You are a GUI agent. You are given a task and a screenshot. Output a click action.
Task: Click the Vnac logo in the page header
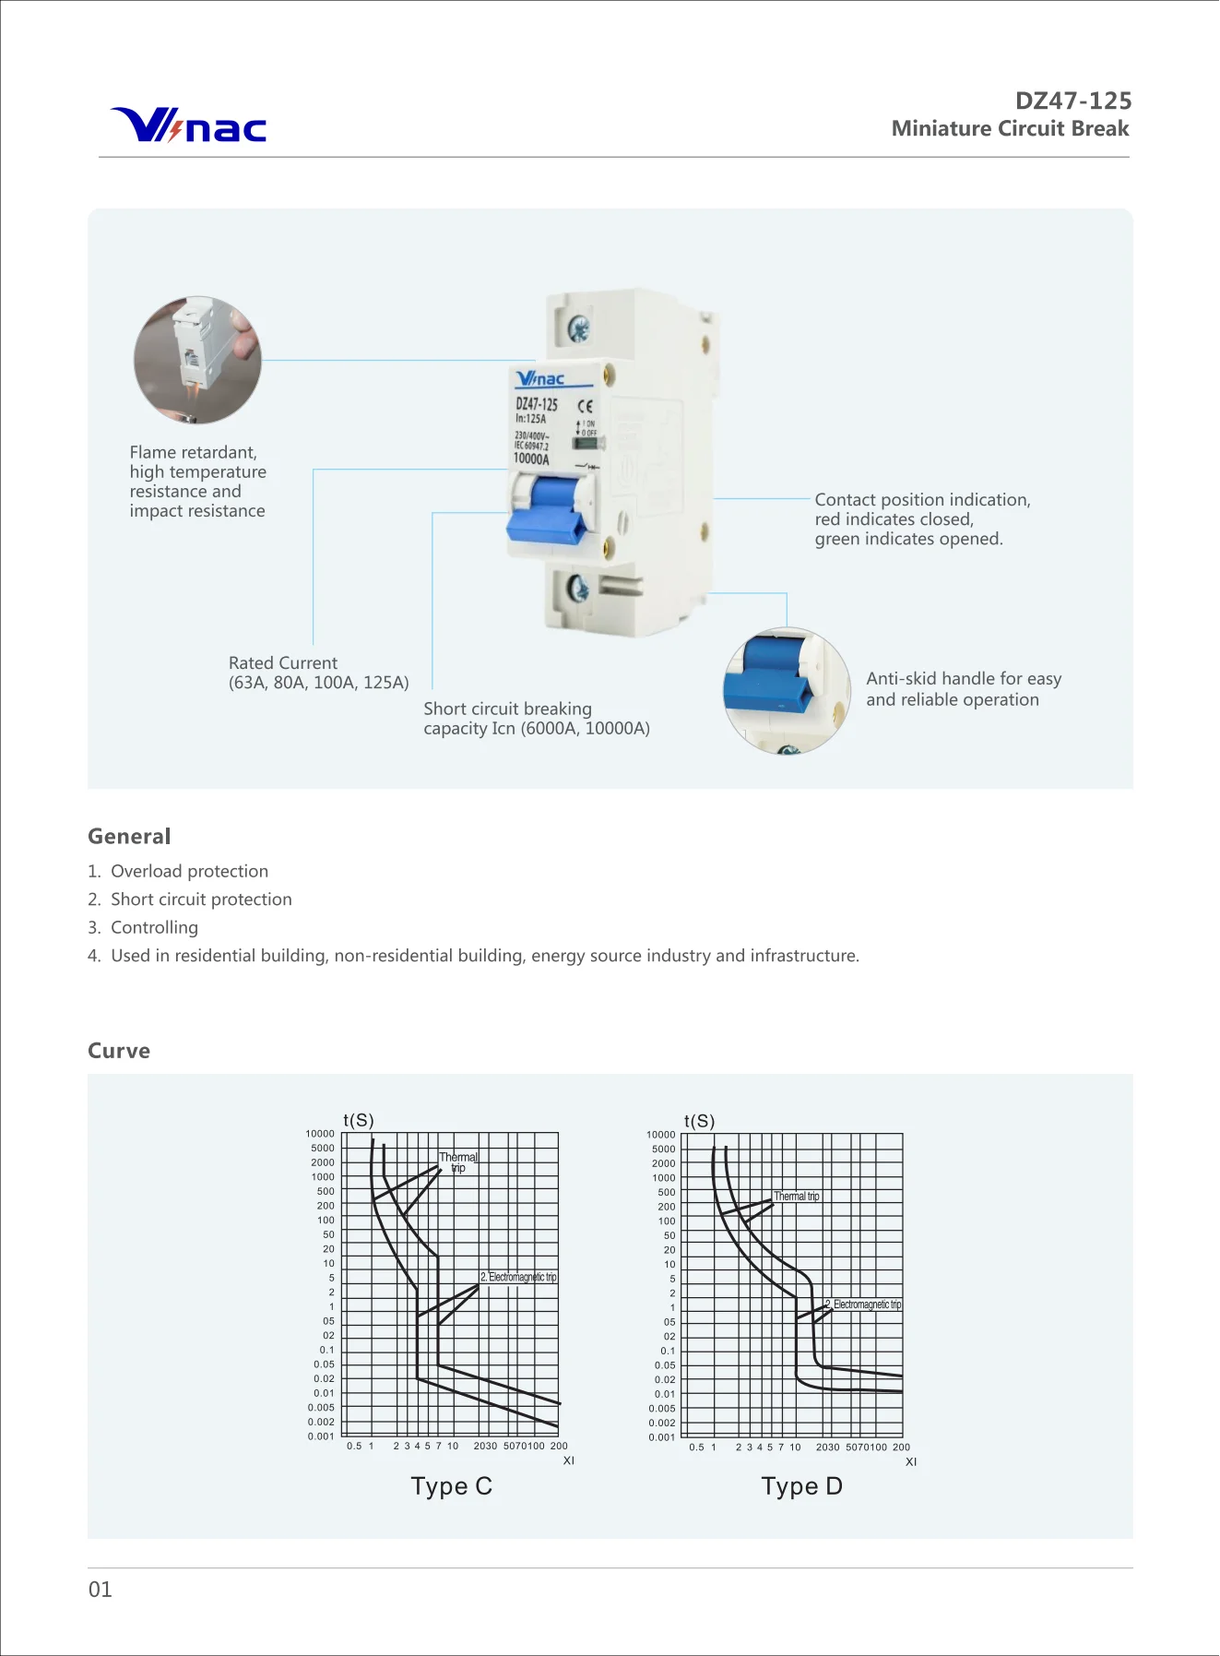(189, 125)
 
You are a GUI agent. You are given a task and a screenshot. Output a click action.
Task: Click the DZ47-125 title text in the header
(1072, 101)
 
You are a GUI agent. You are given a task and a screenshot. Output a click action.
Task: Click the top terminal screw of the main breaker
(579, 328)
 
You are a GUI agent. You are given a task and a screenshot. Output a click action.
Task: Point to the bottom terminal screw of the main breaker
(577, 588)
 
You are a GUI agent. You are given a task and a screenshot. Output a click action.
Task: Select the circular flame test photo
(197, 360)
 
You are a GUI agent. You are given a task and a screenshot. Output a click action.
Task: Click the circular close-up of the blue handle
(787, 690)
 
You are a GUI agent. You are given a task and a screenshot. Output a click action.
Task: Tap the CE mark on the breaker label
(586, 405)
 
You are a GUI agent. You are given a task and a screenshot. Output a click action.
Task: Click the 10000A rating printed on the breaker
(531, 459)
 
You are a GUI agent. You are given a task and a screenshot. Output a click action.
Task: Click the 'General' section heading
(129, 837)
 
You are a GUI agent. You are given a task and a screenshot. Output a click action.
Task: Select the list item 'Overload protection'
(189, 871)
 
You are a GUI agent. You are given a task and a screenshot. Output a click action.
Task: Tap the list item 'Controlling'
(154, 927)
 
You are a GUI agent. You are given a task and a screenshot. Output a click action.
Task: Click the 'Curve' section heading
(119, 1051)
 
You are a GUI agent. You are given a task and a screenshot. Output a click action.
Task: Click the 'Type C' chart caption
(451, 1486)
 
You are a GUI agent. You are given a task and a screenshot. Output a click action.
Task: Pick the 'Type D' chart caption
(801, 1486)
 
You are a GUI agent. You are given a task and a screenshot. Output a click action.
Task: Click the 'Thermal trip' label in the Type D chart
(796, 1197)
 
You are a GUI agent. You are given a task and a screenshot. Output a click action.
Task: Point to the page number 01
(101, 1590)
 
